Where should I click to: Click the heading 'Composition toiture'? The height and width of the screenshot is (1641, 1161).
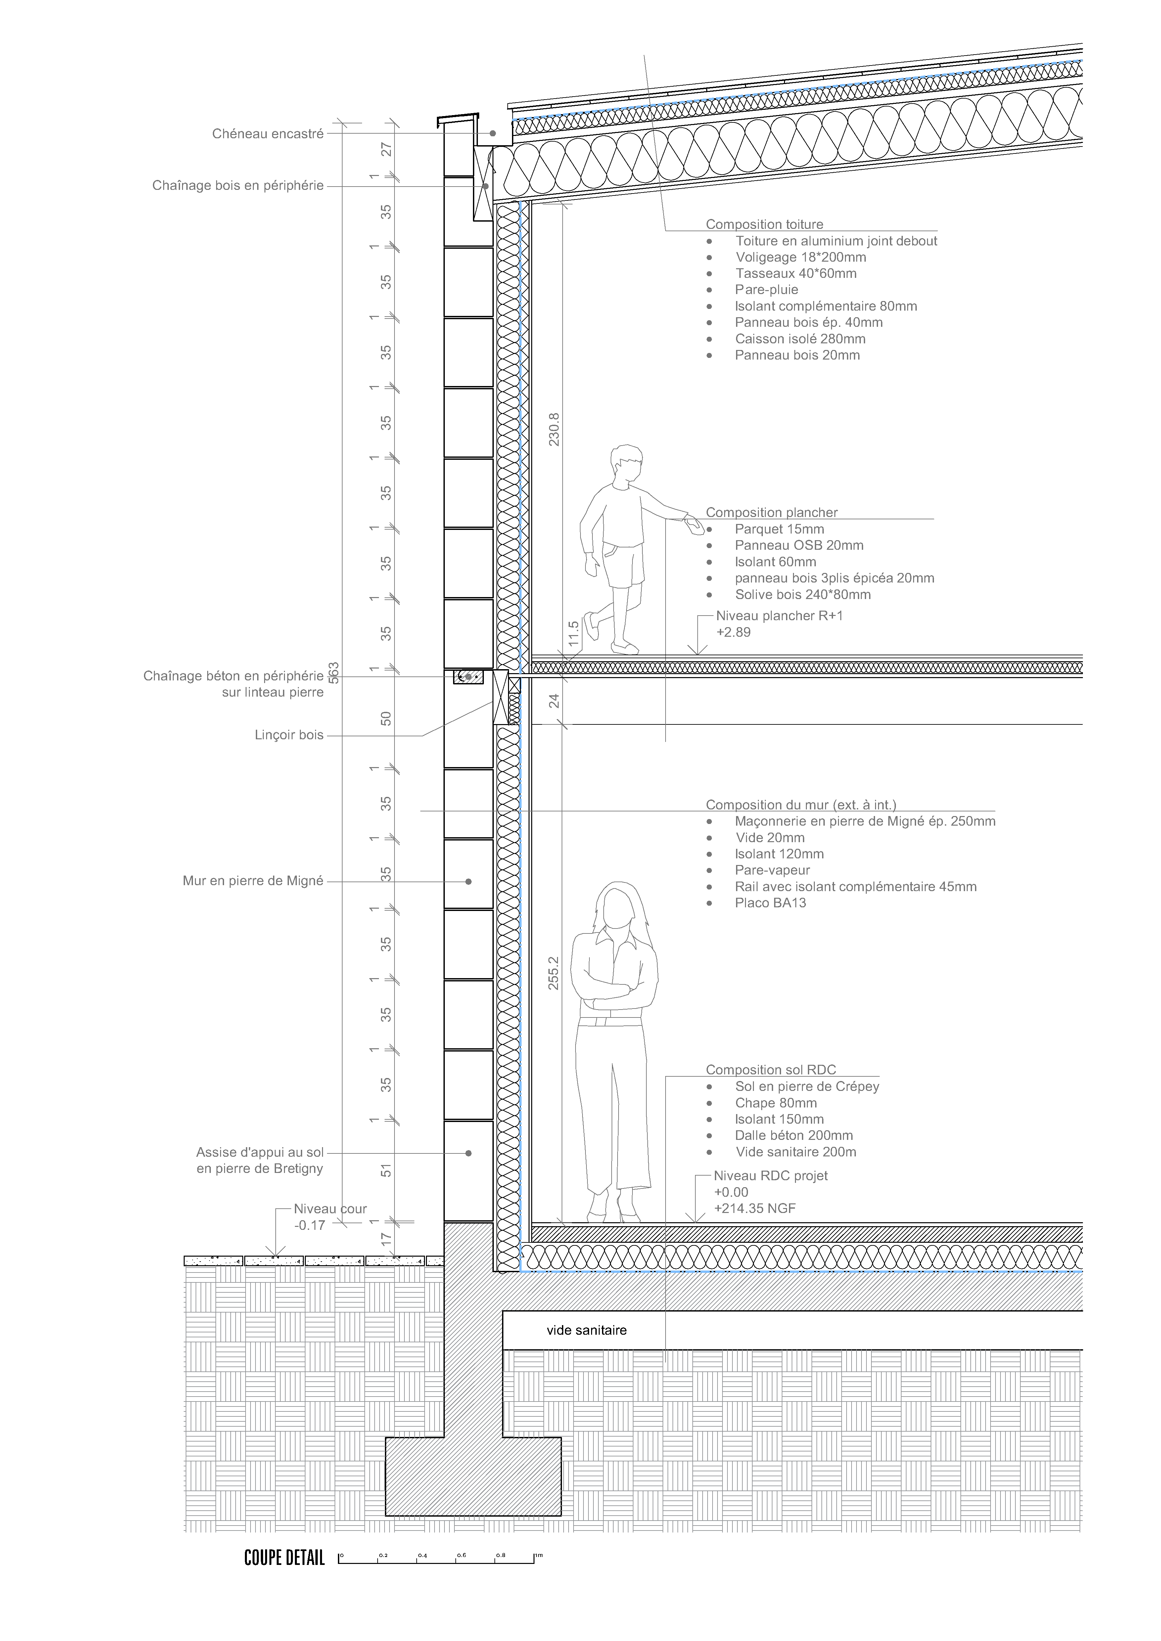pyautogui.click(x=764, y=224)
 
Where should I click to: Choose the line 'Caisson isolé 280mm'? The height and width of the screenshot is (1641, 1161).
pyautogui.click(x=800, y=339)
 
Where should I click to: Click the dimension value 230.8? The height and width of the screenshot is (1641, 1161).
pyautogui.click(x=554, y=429)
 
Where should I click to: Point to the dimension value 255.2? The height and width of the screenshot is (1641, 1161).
pyautogui.click(x=554, y=973)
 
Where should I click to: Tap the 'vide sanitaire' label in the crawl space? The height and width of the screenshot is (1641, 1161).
pyautogui.click(x=586, y=1330)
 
